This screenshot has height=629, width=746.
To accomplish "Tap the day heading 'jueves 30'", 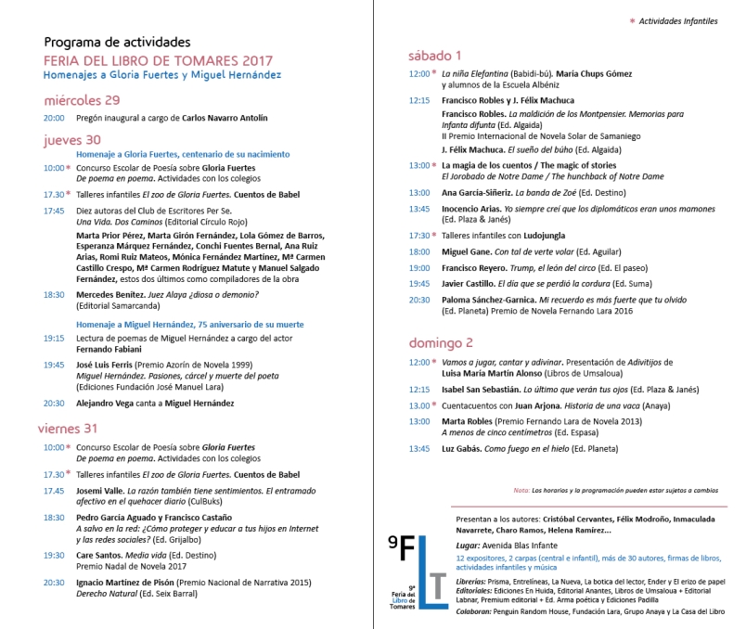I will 72,139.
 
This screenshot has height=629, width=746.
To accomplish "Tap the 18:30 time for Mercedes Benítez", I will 53,294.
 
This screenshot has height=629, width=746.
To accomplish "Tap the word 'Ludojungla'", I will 531,236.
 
